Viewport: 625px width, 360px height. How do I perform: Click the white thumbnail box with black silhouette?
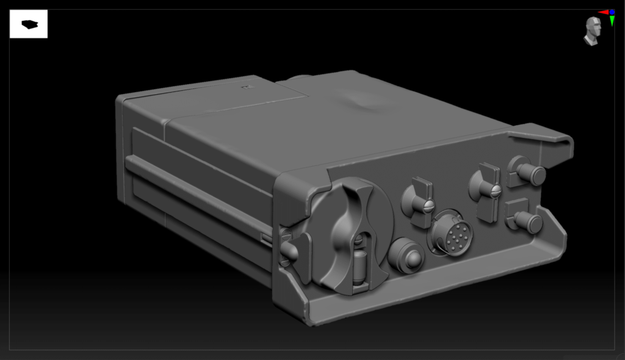(29, 24)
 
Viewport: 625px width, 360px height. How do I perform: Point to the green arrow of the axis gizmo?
(612, 22)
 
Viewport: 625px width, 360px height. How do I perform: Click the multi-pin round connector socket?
(452, 233)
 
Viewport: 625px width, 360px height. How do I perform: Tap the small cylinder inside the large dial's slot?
(359, 266)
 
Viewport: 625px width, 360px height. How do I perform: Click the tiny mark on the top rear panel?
(247, 88)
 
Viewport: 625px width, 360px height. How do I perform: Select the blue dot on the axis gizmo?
(612, 12)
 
